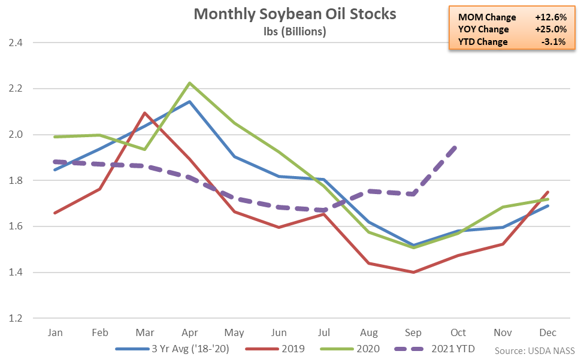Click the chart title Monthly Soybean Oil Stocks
(x=295, y=14)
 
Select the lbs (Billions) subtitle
(x=295, y=31)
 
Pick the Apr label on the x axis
(x=189, y=332)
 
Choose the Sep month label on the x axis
(x=413, y=332)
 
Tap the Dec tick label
(x=547, y=332)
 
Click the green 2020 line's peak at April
(x=189, y=83)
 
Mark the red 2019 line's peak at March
(x=144, y=113)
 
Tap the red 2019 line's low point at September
(x=413, y=272)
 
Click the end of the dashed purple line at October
(x=457, y=146)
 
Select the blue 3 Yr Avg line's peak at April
(x=189, y=102)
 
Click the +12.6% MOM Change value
(x=549, y=17)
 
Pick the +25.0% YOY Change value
(x=549, y=29)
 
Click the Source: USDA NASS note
(x=535, y=350)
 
